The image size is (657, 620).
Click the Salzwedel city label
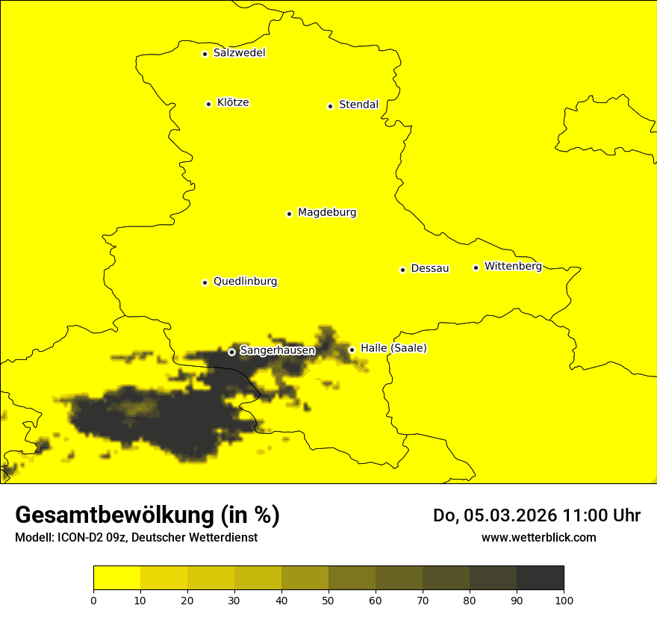(239, 53)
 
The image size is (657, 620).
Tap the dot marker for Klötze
(208, 104)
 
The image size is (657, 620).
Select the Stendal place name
(358, 105)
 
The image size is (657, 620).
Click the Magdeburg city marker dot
(289, 214)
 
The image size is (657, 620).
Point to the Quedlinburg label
(245, 282)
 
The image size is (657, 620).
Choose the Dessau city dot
(402, 270)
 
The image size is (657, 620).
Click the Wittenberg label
(513, 267)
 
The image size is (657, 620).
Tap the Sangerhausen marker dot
(231, 351)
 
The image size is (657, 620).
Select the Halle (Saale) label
(393, 348)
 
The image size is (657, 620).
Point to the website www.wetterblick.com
(538, 538)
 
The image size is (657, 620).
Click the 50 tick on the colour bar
(328, 599)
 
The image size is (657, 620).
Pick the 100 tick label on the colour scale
(564, 599)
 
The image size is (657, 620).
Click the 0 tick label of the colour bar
(93, 599)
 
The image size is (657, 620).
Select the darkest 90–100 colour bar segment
(540, 577)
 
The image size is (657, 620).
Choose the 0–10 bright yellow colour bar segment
(116, 577)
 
